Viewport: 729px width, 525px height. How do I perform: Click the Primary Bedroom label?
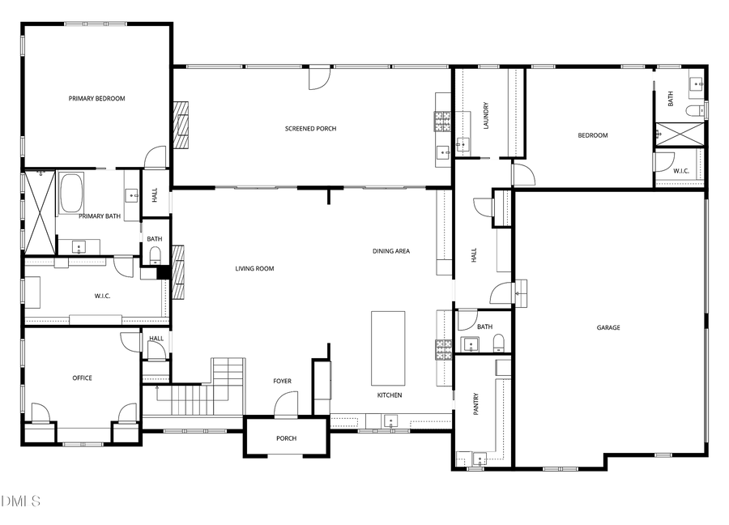click(x=97, y=99)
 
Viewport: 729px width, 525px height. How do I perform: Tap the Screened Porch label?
click(x=310, y=129)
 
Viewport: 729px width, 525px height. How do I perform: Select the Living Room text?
click(x=254, y=269)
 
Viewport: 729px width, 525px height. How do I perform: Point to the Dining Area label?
click(x=391, y=251)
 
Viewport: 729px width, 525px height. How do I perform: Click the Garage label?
click(x=608, y=328)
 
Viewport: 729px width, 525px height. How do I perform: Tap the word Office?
click(x=82, y=378)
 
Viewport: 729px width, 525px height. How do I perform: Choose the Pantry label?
click(x=476, y=403)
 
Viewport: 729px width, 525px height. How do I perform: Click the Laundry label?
click(x=486, y=115)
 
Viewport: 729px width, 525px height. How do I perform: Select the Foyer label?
click(x=282, y=382)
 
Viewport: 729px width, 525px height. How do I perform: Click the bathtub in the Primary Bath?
click(x=72, y=191)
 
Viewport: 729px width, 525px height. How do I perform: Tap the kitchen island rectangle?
click(x=388, y=348)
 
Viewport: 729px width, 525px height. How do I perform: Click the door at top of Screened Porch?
click(x=320, y=78)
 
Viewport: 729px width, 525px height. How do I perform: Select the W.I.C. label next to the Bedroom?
click(x=680, y=171)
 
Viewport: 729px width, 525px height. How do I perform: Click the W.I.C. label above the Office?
click(x=102, y=296)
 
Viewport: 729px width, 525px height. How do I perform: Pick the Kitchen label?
click(x=390, y=395)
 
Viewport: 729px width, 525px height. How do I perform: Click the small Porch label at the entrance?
click(x=287, y=438)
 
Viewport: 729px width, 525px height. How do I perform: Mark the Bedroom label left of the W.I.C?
click(x=592, y=135)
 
